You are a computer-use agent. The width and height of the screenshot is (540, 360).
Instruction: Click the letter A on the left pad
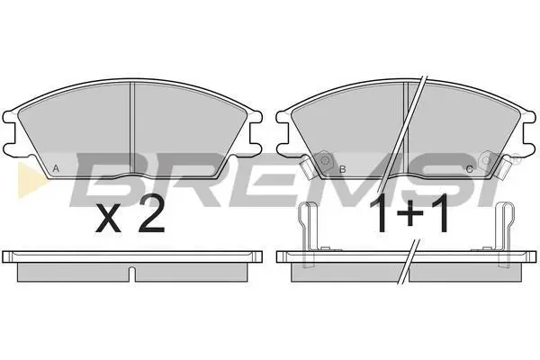coord(56,169)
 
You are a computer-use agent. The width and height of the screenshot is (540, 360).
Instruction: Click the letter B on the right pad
coord(342,169)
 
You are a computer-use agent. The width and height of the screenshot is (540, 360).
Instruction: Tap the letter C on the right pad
coord(469,169)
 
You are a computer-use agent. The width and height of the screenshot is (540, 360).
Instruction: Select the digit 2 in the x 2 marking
coord(151,214)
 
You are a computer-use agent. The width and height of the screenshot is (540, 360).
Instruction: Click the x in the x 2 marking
coord(108,218)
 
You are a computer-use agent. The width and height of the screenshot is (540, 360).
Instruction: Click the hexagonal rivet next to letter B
coord(325,160)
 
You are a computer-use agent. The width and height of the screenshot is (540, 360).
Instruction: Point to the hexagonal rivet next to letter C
coord(486,160)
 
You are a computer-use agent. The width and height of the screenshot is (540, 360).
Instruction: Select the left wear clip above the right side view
coord(308,234)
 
